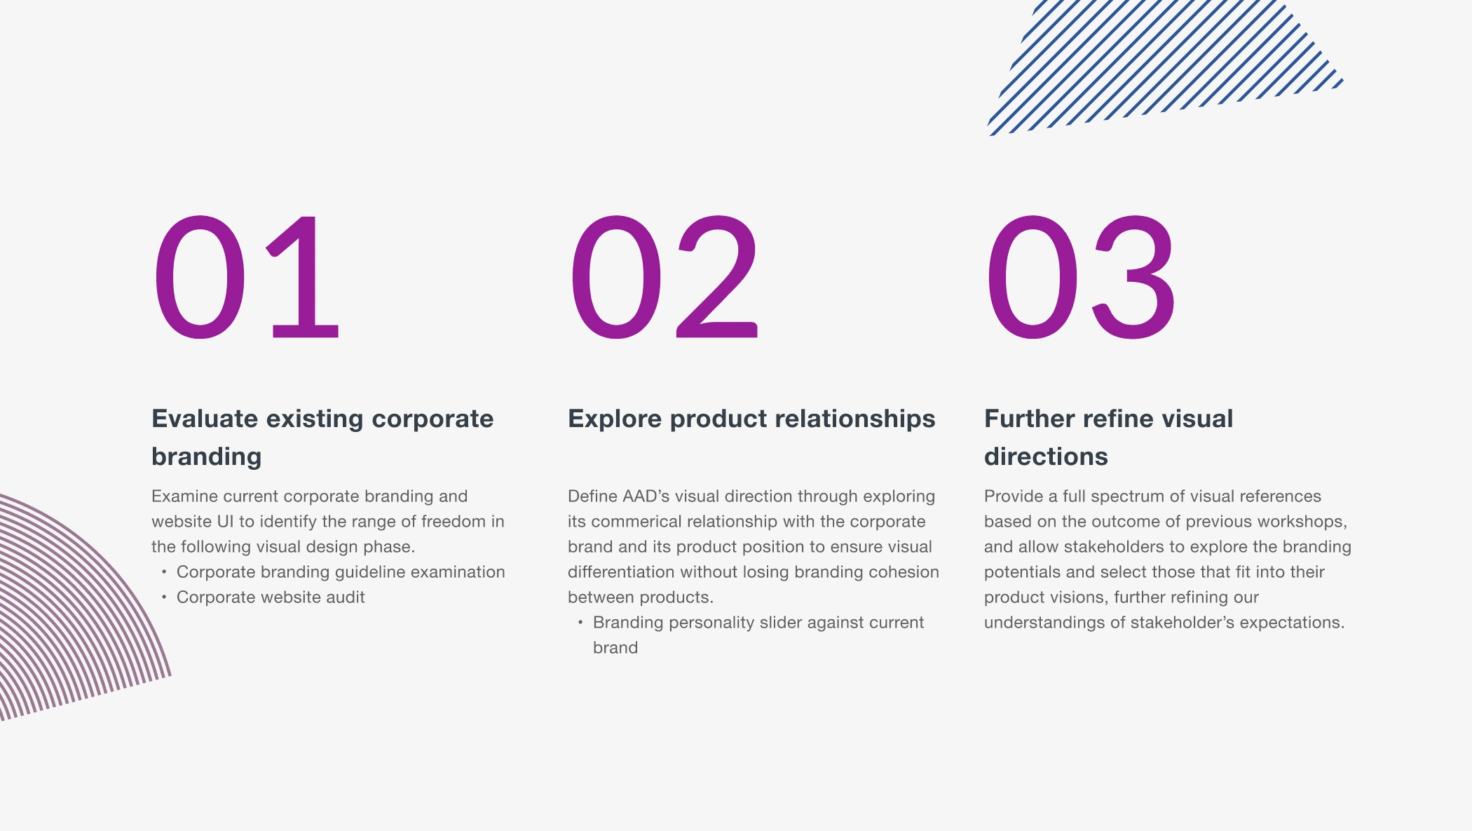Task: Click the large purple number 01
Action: coord(247,277)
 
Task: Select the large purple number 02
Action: coord(665,277)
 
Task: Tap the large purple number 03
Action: coord(1080,277)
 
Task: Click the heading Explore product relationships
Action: coord(751,419)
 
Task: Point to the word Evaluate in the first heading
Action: coord(205,419)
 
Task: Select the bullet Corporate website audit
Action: coord(271,597)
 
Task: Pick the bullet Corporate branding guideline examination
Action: coord(341,572)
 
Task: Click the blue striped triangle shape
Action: coord(1164,67)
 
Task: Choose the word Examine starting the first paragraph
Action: coord(184,496)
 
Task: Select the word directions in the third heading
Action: coord(1046,457)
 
